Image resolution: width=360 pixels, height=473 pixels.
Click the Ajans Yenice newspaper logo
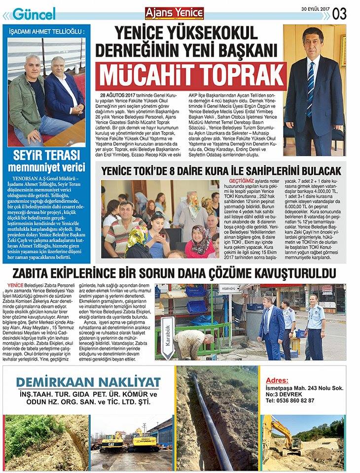pos(173,13)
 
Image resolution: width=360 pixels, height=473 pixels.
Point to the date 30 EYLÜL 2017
pos(316,8)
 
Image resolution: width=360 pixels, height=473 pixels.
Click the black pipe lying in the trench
pos(212,419)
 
